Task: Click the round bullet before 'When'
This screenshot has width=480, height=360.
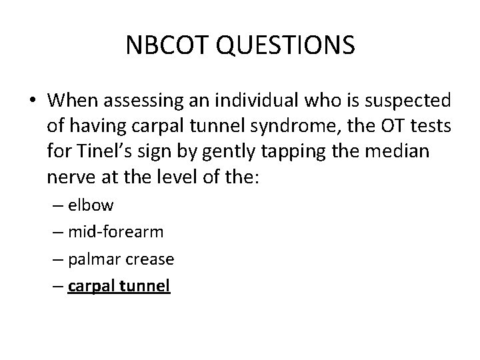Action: pos(33,101)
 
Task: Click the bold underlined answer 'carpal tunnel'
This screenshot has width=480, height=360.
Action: pos(119,286)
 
